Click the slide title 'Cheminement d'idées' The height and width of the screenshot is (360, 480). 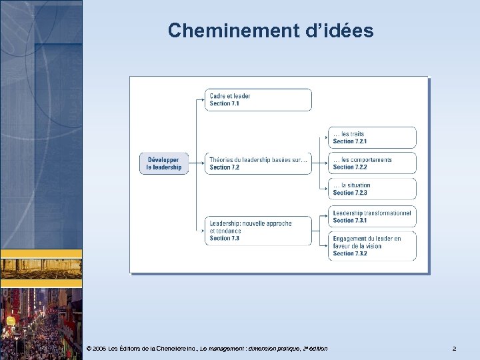tap(271, 31)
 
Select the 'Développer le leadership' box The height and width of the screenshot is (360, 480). tap(164, 163)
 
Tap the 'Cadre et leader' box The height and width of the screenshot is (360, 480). tap(257, 100)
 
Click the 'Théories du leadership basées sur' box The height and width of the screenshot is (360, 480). tap(257, 163)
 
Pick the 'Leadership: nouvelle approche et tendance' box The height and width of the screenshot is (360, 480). tap(257, 231)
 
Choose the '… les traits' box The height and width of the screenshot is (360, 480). tap(371, 137)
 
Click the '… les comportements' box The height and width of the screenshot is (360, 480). tap(371, 163)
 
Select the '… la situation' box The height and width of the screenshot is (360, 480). tap(371, 189)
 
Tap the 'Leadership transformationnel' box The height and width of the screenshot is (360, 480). tap(371, 216)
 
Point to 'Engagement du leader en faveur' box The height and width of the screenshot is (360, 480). tap(371, 245)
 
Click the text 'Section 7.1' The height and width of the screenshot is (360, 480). tap(224, 104)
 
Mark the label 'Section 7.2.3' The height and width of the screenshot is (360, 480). tap(350, 193)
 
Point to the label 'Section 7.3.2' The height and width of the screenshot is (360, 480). tap(350, 253)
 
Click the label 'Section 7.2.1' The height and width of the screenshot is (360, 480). tap(350, 141)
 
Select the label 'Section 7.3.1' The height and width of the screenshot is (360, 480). tap(350, 220)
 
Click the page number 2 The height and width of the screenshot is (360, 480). tap(454, 349)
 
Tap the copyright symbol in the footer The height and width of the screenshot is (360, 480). tap(89, 349)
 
